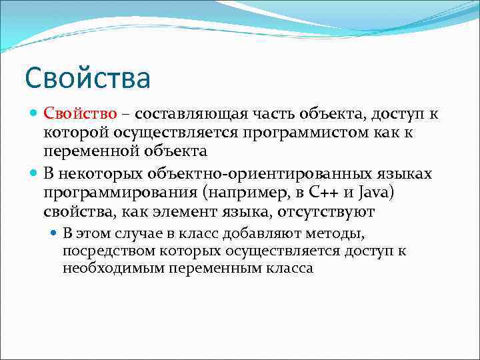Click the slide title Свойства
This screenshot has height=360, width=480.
(x=88, y=77)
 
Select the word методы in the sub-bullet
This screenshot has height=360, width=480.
(x=339, y=234)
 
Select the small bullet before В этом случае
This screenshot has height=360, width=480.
(x=55, y=234)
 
